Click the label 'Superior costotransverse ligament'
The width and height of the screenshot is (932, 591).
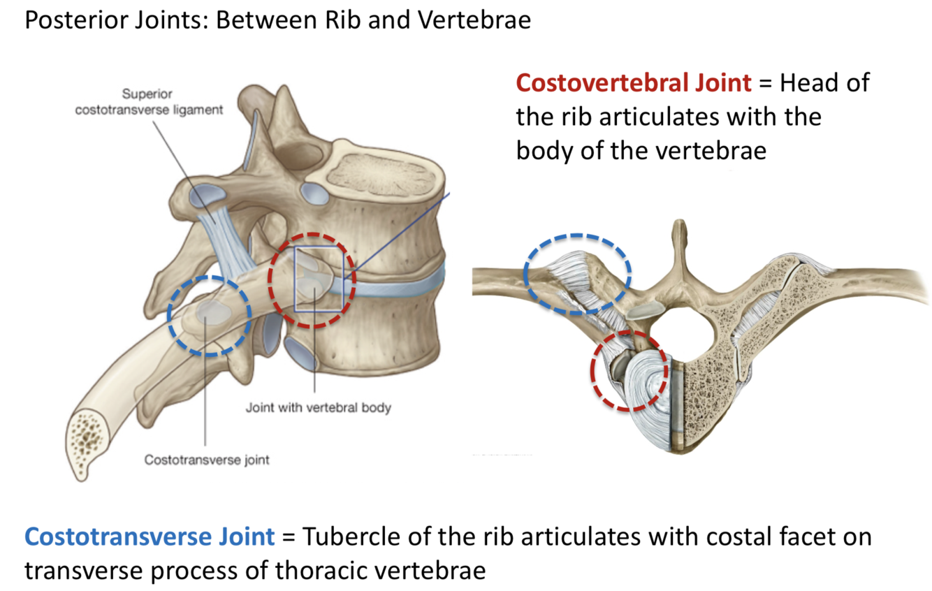tap(149, 102)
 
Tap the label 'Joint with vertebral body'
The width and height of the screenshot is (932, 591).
tap(318, 407)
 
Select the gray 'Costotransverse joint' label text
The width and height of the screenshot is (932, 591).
tap(207, 460)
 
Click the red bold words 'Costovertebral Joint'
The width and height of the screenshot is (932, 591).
tap(634, 83)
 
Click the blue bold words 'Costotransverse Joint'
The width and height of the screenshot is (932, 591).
tap(150, 537)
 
